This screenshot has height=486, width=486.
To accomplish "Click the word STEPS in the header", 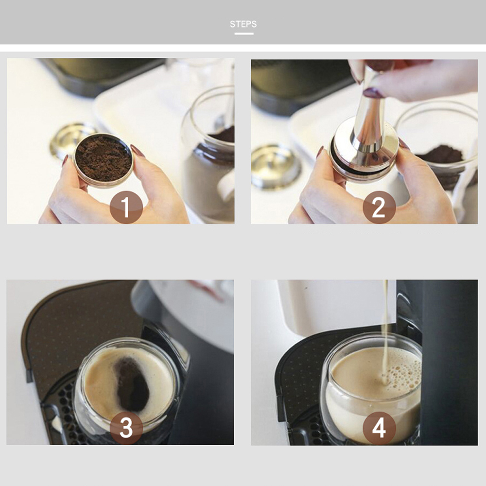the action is tap(243, 24).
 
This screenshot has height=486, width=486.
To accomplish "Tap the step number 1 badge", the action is tap(126, 207).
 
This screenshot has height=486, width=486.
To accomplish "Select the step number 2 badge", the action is tap(379, 207).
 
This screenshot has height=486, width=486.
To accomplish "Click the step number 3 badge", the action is tap(126, 428).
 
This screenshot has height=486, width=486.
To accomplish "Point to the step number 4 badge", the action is tap(379, 428).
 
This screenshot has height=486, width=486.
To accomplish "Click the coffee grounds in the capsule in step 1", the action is tap(104, 158).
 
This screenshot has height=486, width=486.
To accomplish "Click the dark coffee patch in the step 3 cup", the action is tap(132, 384).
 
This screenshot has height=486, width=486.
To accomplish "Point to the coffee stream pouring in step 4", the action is tap(385, 331).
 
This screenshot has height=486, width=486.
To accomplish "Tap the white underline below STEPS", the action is tap(243, 34).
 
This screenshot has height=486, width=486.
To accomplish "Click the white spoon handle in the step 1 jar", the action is tap(226, 186).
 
